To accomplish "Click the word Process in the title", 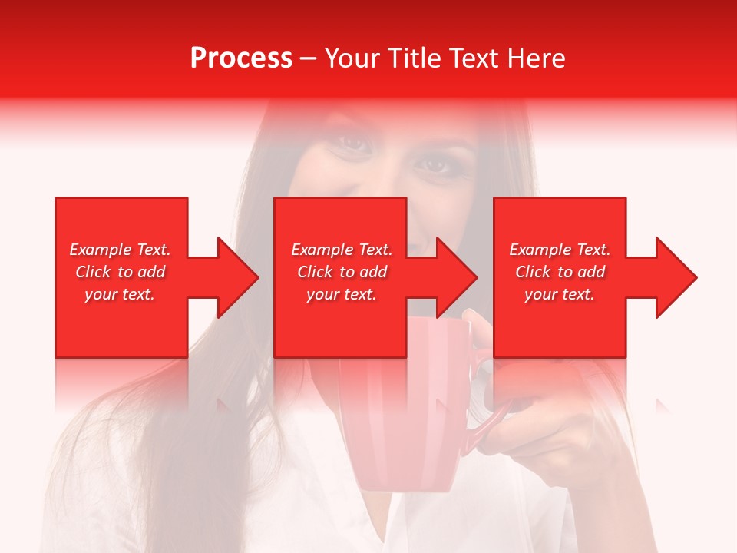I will (241, 58).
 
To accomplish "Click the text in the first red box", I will (120, 272).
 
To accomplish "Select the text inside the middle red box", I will (342, 272).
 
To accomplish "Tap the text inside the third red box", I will (560, 272).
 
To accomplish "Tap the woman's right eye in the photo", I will (438, 164).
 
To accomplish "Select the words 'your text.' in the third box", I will (560, 294).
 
